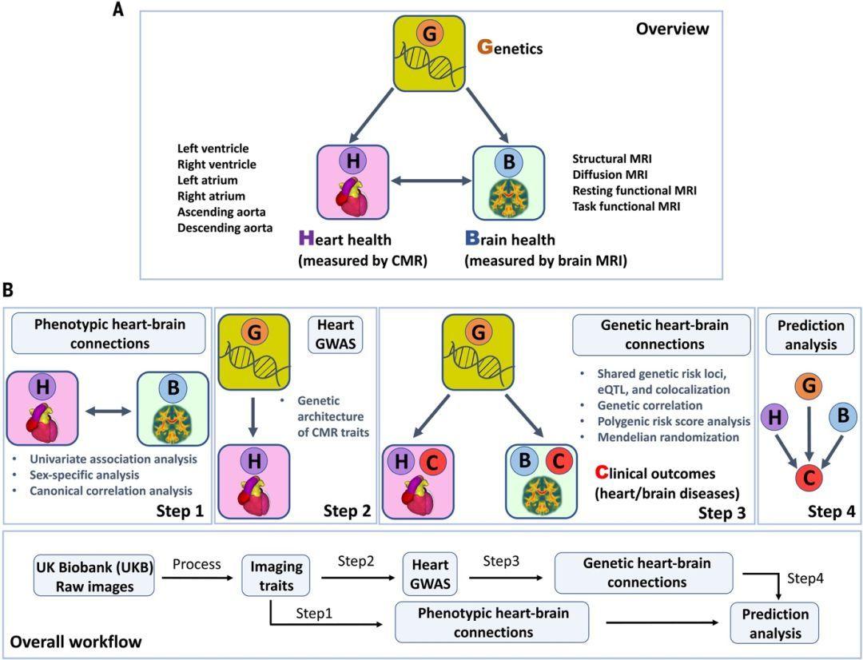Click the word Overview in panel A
[671, 30]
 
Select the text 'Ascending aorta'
[222, 212]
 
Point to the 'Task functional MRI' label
[628, 206]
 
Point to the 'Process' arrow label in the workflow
[196, 564]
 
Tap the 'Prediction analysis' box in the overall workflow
[774, 624]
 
